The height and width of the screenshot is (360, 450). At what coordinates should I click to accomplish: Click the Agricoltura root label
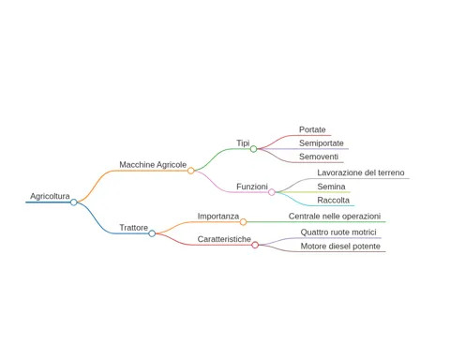(50, 196)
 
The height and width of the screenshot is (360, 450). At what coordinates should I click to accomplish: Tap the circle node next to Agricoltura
(74, 202)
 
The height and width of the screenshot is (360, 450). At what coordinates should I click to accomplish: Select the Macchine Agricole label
(153, 165)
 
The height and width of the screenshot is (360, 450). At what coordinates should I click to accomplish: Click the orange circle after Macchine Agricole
(190, 171)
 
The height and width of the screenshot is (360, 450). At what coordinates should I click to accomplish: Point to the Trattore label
(133, 228)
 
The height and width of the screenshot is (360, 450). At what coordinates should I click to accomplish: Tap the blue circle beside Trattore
(152, 233)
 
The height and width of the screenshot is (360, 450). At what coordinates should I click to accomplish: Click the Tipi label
(243, 143)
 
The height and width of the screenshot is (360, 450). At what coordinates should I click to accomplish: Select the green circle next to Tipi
(253, 149)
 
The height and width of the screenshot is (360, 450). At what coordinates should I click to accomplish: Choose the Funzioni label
(252, 187)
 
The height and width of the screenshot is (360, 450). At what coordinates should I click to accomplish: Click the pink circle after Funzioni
(272, 192)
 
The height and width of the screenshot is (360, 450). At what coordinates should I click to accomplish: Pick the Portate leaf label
(312, 129)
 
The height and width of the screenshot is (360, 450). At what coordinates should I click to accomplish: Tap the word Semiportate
(322, 143)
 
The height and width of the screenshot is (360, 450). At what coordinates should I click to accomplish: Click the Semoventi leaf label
(319, 157)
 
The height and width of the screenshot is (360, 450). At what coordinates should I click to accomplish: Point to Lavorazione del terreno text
(361, 172)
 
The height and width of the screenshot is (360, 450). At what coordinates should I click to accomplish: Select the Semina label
(331, 187)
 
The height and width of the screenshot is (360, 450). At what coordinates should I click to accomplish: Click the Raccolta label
(333, 200)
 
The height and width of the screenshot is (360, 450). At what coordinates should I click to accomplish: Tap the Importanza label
(218, 217)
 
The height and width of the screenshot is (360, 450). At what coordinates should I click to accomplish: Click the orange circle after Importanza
(243, 222)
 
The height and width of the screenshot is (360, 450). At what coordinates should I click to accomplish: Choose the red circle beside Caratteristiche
(255, 245)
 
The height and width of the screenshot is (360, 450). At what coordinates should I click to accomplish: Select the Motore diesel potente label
(340, 247)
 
